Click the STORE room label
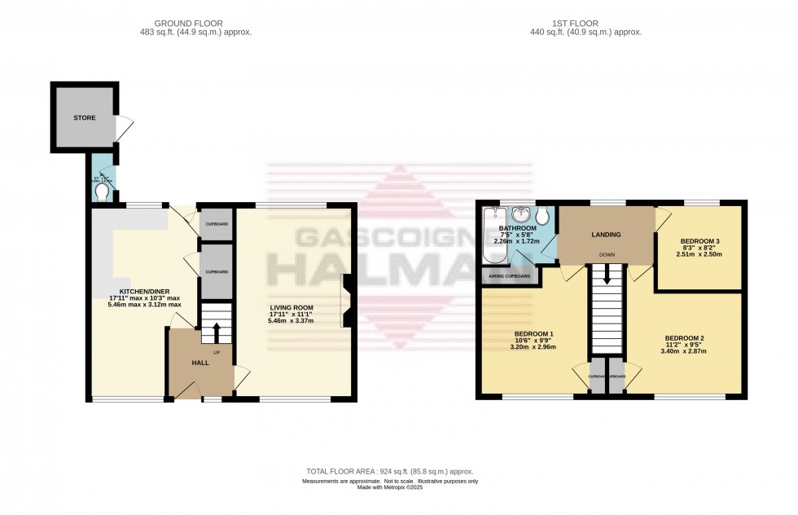(85, 118)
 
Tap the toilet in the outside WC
(102, 192)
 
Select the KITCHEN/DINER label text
(145, 291)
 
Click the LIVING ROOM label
(291, 307)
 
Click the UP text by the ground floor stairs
(217, 353)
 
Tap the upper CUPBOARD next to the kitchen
(216, 224)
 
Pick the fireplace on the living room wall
(347, 301)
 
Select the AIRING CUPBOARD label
(510, 276)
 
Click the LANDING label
(607, 235)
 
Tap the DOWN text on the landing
(607, 255)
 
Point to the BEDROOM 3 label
(699, 241)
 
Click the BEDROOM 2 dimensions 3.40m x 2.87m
(685, 352)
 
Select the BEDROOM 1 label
(534, 333)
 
